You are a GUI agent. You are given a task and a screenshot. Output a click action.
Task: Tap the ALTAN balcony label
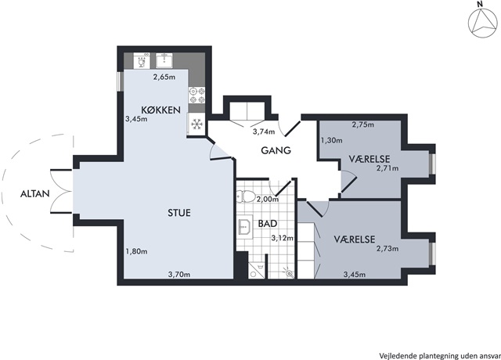(34, 193)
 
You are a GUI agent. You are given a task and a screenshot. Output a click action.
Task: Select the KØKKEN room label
(160, 110)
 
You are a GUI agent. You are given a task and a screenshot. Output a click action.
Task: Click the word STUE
(179, 213)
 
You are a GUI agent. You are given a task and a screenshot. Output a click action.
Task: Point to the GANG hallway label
(276, 150)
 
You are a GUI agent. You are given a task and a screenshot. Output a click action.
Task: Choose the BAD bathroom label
(268, 224)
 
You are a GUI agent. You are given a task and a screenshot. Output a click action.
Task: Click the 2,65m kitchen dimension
(164, 77)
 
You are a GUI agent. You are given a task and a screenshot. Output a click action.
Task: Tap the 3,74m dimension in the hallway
(264, 131)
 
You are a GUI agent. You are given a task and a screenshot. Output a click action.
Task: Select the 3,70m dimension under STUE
(179, 274)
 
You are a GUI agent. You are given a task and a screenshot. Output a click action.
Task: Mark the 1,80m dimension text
(136, 251)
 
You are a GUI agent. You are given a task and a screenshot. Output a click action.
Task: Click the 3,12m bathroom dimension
(283, 238)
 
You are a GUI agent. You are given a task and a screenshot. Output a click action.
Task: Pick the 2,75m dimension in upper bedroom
(363, 124)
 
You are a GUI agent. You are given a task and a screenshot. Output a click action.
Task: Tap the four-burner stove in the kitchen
(196, 95)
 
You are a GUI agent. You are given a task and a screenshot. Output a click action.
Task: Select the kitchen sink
(164, 60)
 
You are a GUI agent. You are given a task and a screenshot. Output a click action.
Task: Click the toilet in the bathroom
(246, 196)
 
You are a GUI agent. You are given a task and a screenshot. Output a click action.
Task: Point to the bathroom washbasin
(245, 227)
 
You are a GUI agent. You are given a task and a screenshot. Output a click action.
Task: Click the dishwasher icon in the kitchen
(142, 60)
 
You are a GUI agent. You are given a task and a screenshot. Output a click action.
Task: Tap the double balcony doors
(61, 191)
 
